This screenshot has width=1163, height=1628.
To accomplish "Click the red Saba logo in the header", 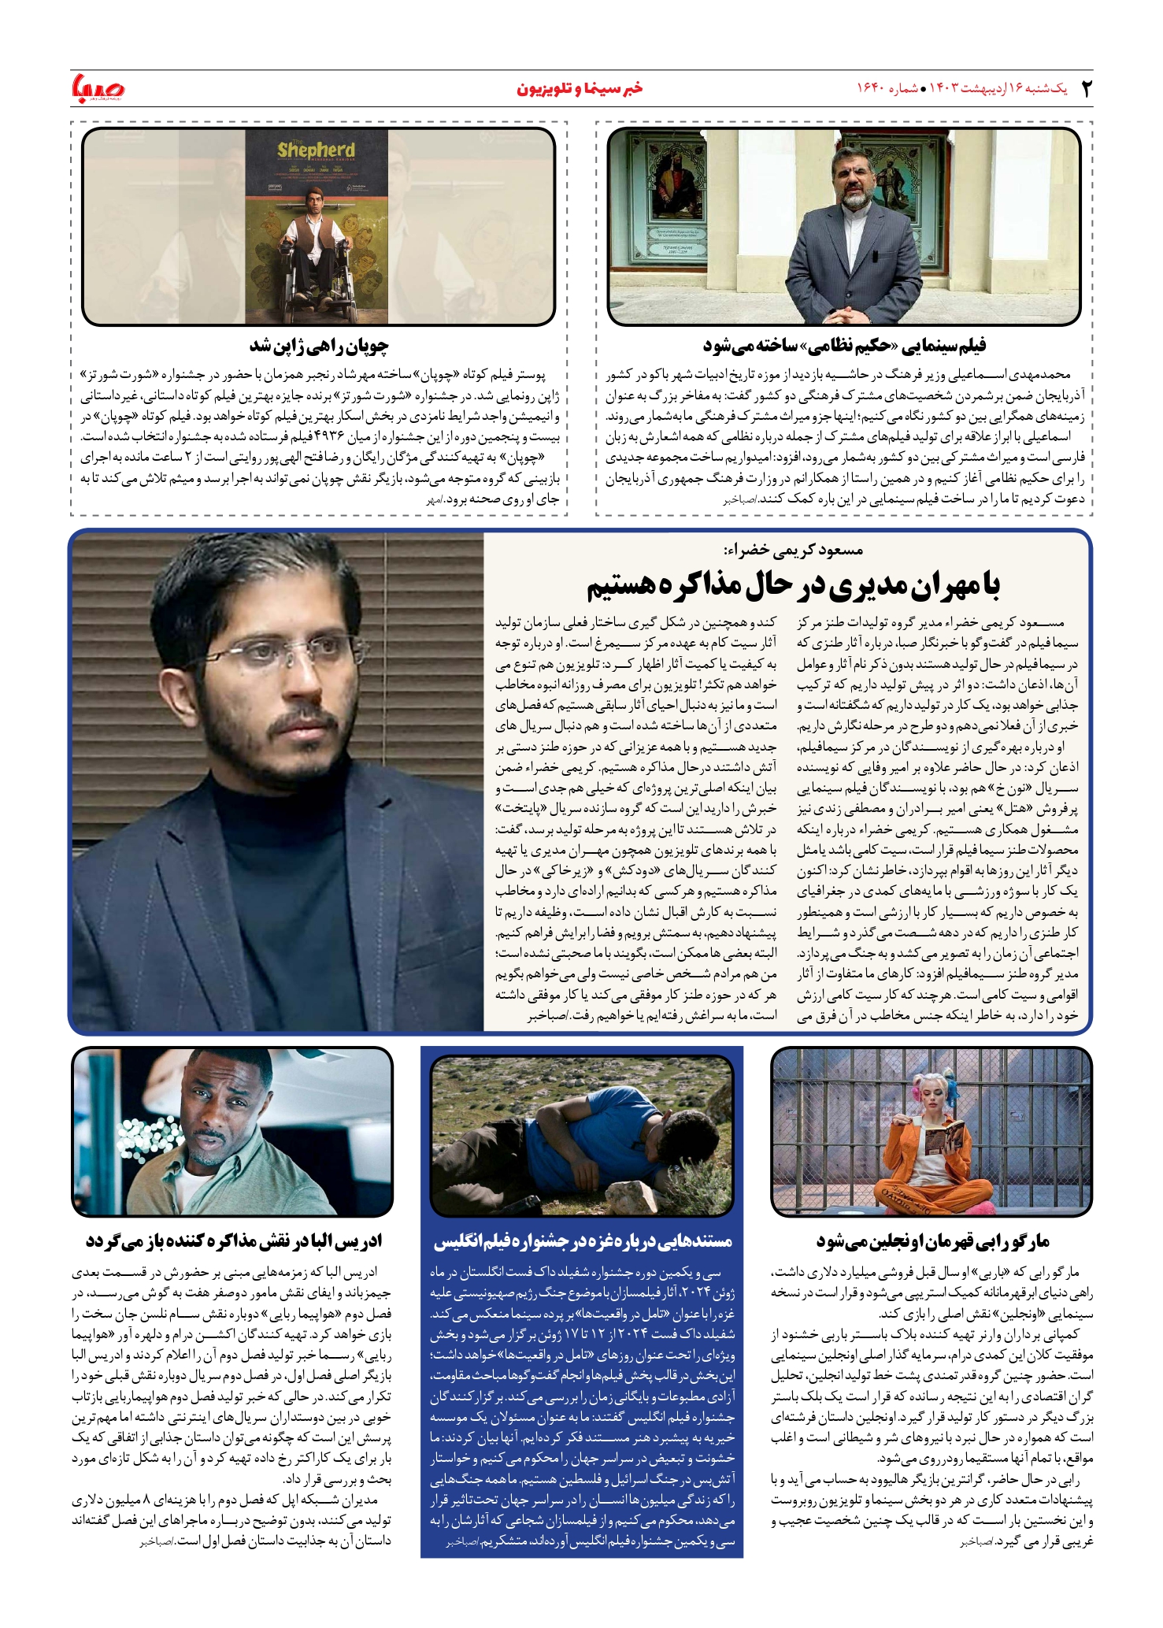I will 98,88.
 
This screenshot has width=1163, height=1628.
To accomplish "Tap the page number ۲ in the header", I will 1087,88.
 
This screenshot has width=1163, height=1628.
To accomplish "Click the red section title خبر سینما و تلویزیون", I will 580,88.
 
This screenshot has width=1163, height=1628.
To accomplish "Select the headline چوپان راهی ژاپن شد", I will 319,346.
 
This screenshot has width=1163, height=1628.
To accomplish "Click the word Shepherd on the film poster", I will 316,150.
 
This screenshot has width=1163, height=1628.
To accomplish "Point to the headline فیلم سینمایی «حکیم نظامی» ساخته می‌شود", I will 844,346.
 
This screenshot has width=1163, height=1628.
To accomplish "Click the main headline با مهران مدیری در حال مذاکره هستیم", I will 793,584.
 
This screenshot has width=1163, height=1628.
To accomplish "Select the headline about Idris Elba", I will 233,1241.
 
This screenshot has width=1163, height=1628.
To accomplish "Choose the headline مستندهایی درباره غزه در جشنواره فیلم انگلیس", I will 583,1241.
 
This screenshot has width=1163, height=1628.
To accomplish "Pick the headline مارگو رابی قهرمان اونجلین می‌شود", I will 932,1241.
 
